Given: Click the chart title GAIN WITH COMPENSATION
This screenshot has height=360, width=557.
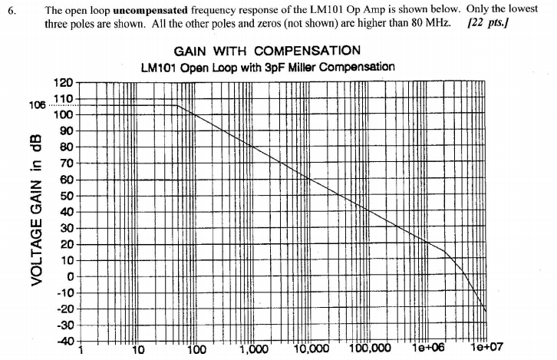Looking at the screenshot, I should click(x=267, y=51).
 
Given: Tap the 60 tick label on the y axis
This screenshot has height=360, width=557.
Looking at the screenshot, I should click(x=66, y=180).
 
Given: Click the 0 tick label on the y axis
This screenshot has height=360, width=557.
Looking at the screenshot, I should click(x=69, y=276).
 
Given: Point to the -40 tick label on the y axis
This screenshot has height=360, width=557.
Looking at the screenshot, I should click(x=64, y=340).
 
